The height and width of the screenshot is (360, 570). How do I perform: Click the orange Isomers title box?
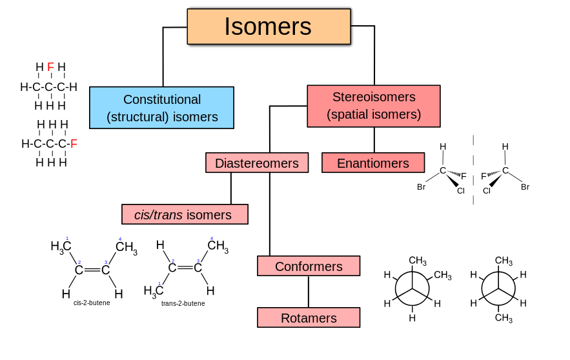(269, 26)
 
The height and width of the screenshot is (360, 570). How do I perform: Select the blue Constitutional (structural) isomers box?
(161, 108)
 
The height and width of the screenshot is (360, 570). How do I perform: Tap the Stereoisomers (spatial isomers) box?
(373, 106)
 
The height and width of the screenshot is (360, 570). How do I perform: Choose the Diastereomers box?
(256, 163)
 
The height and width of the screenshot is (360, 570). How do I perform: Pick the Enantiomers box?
(372, 163)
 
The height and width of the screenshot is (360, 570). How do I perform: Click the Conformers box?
(308, 266)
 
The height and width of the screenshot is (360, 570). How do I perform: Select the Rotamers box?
(308, 317)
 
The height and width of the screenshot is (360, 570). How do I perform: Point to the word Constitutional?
(161, 99)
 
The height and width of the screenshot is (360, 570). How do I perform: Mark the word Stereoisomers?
(373, 97)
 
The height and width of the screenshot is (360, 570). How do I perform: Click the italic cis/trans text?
(158, 215)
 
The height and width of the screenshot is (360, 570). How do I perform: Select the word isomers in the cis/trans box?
(209, 215)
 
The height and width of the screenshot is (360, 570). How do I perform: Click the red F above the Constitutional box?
(50, 67)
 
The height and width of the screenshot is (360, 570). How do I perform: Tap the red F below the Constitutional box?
(74, 144)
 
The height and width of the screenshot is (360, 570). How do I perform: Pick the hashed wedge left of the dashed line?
(454, 173)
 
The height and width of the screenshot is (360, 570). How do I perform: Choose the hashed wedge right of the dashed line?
(494, 173)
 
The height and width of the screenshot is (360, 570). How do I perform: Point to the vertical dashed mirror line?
(473, 170)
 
